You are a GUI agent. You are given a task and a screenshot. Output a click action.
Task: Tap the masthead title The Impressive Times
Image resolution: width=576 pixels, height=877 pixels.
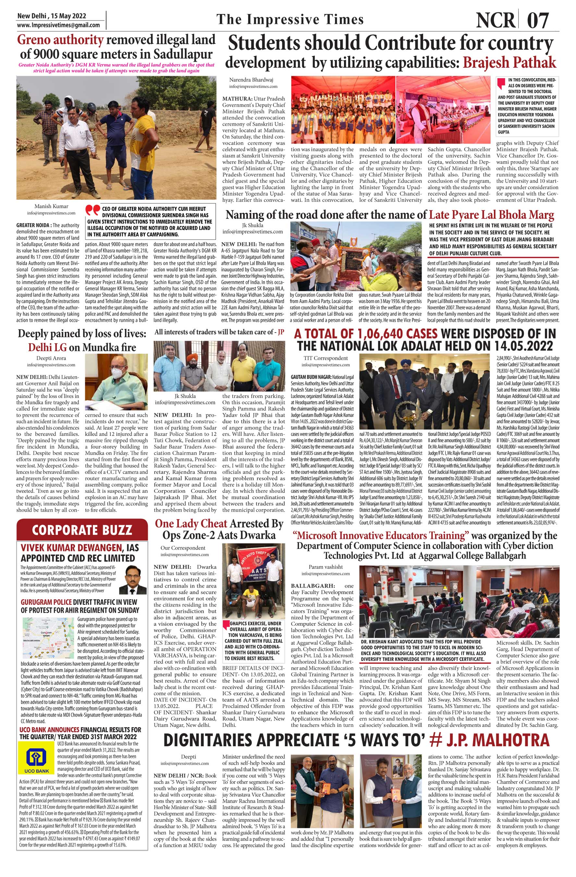290,19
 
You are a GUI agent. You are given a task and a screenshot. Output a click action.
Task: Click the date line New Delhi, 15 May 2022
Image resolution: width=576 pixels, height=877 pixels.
52,16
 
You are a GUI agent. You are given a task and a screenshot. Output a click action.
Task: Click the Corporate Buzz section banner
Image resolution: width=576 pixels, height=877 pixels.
82,530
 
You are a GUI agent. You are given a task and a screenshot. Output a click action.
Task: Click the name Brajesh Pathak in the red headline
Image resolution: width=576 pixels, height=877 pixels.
509,62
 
